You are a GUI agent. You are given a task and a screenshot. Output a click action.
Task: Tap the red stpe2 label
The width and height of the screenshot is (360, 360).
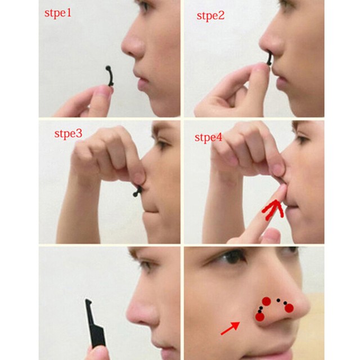point(210,16)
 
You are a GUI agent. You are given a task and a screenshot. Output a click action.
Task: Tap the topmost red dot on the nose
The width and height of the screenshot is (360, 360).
point(266,301)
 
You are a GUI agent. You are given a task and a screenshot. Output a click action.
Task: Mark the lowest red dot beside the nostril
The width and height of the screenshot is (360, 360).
point(259,317)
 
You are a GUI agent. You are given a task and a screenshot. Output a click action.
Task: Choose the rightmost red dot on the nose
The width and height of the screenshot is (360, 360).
point(289,308)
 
